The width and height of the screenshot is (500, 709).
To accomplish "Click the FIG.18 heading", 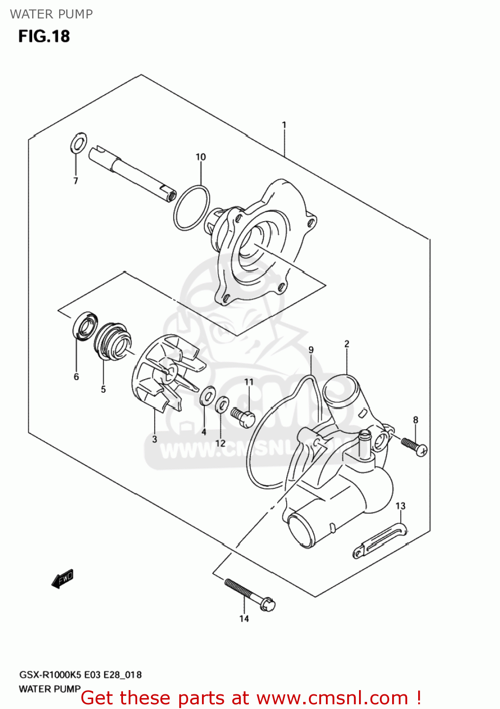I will click(x=44, y=36).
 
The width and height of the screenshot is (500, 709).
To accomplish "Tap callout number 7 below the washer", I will click(x=76, y=181).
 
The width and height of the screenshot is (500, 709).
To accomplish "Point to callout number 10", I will click(x=201, y=157).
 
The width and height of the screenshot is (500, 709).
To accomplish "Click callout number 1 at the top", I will click(x=284, y=125).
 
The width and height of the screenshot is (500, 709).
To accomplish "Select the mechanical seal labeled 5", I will click(x=112, y=340).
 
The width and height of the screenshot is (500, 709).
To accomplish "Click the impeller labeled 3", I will click(x=166, y=373).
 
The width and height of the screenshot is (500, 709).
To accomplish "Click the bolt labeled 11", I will click(x=243, y=417).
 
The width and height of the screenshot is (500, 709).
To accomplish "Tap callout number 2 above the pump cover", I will click(x=347, y=344).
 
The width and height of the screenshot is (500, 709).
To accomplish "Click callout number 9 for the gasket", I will click(x=311, y=350).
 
